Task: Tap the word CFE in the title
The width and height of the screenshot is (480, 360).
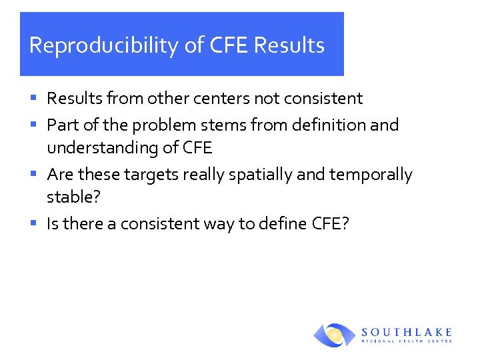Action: click(x=229, y=45)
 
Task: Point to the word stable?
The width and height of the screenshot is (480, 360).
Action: click(x=69, y=197)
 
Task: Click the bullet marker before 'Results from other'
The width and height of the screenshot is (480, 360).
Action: click(x=33, y=99)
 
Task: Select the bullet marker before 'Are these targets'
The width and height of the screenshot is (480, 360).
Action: click(x=33, y=175)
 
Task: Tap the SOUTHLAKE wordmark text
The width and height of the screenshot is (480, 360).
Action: click(x=407, y=331)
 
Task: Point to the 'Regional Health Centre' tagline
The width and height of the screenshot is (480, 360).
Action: click(x=407, y=341)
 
